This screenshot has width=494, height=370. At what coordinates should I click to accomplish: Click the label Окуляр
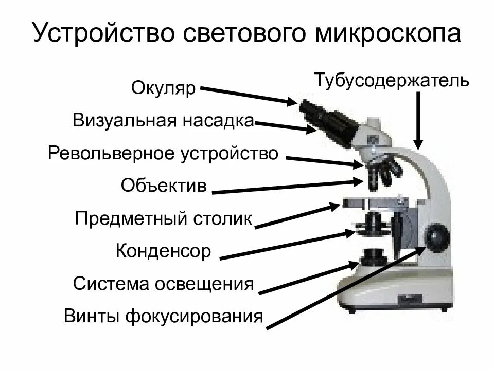click(x=164, y=88)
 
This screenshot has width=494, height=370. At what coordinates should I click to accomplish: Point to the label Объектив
click(x=164, y=185)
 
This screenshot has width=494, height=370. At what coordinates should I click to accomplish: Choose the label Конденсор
click(x=163, y=251)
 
